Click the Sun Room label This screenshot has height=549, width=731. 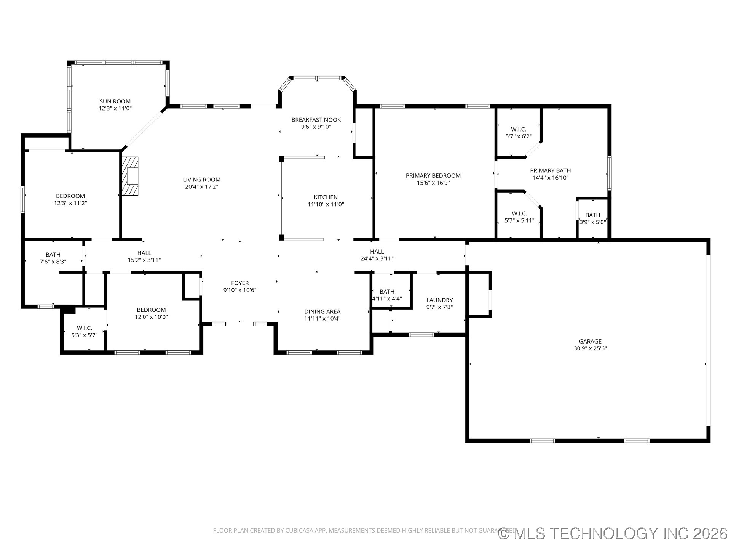point(115,101)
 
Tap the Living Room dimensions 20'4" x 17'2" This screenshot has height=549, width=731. point(201,187)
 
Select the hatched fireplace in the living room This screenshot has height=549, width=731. point(130,176)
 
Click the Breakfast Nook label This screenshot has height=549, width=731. point(316,120)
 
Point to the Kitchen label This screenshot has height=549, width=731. point(326,197)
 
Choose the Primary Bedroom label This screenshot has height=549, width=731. point(433,176)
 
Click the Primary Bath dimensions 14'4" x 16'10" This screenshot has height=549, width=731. point(550,178)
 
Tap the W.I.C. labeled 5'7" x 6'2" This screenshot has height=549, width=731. point(518,133)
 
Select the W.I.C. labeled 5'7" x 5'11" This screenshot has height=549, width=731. point(519,217)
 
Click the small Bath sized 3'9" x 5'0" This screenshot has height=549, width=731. point(592,218)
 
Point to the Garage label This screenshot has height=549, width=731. point(590,342)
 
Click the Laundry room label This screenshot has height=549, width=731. point(439,300)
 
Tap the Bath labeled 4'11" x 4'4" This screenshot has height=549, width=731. point(387,295)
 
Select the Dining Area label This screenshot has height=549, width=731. point(322,311)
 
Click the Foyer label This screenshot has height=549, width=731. point(240,283)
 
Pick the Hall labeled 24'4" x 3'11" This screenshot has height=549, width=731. point(377,255)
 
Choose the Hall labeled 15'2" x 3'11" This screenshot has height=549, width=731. point(144,256)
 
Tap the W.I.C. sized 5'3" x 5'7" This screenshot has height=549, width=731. point(85,332)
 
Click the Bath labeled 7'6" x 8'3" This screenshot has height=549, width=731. point(53,258)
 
